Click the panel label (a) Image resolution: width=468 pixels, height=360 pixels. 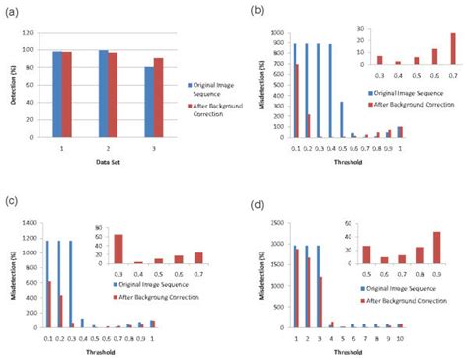pyautogui.click(x=13, y=11)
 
